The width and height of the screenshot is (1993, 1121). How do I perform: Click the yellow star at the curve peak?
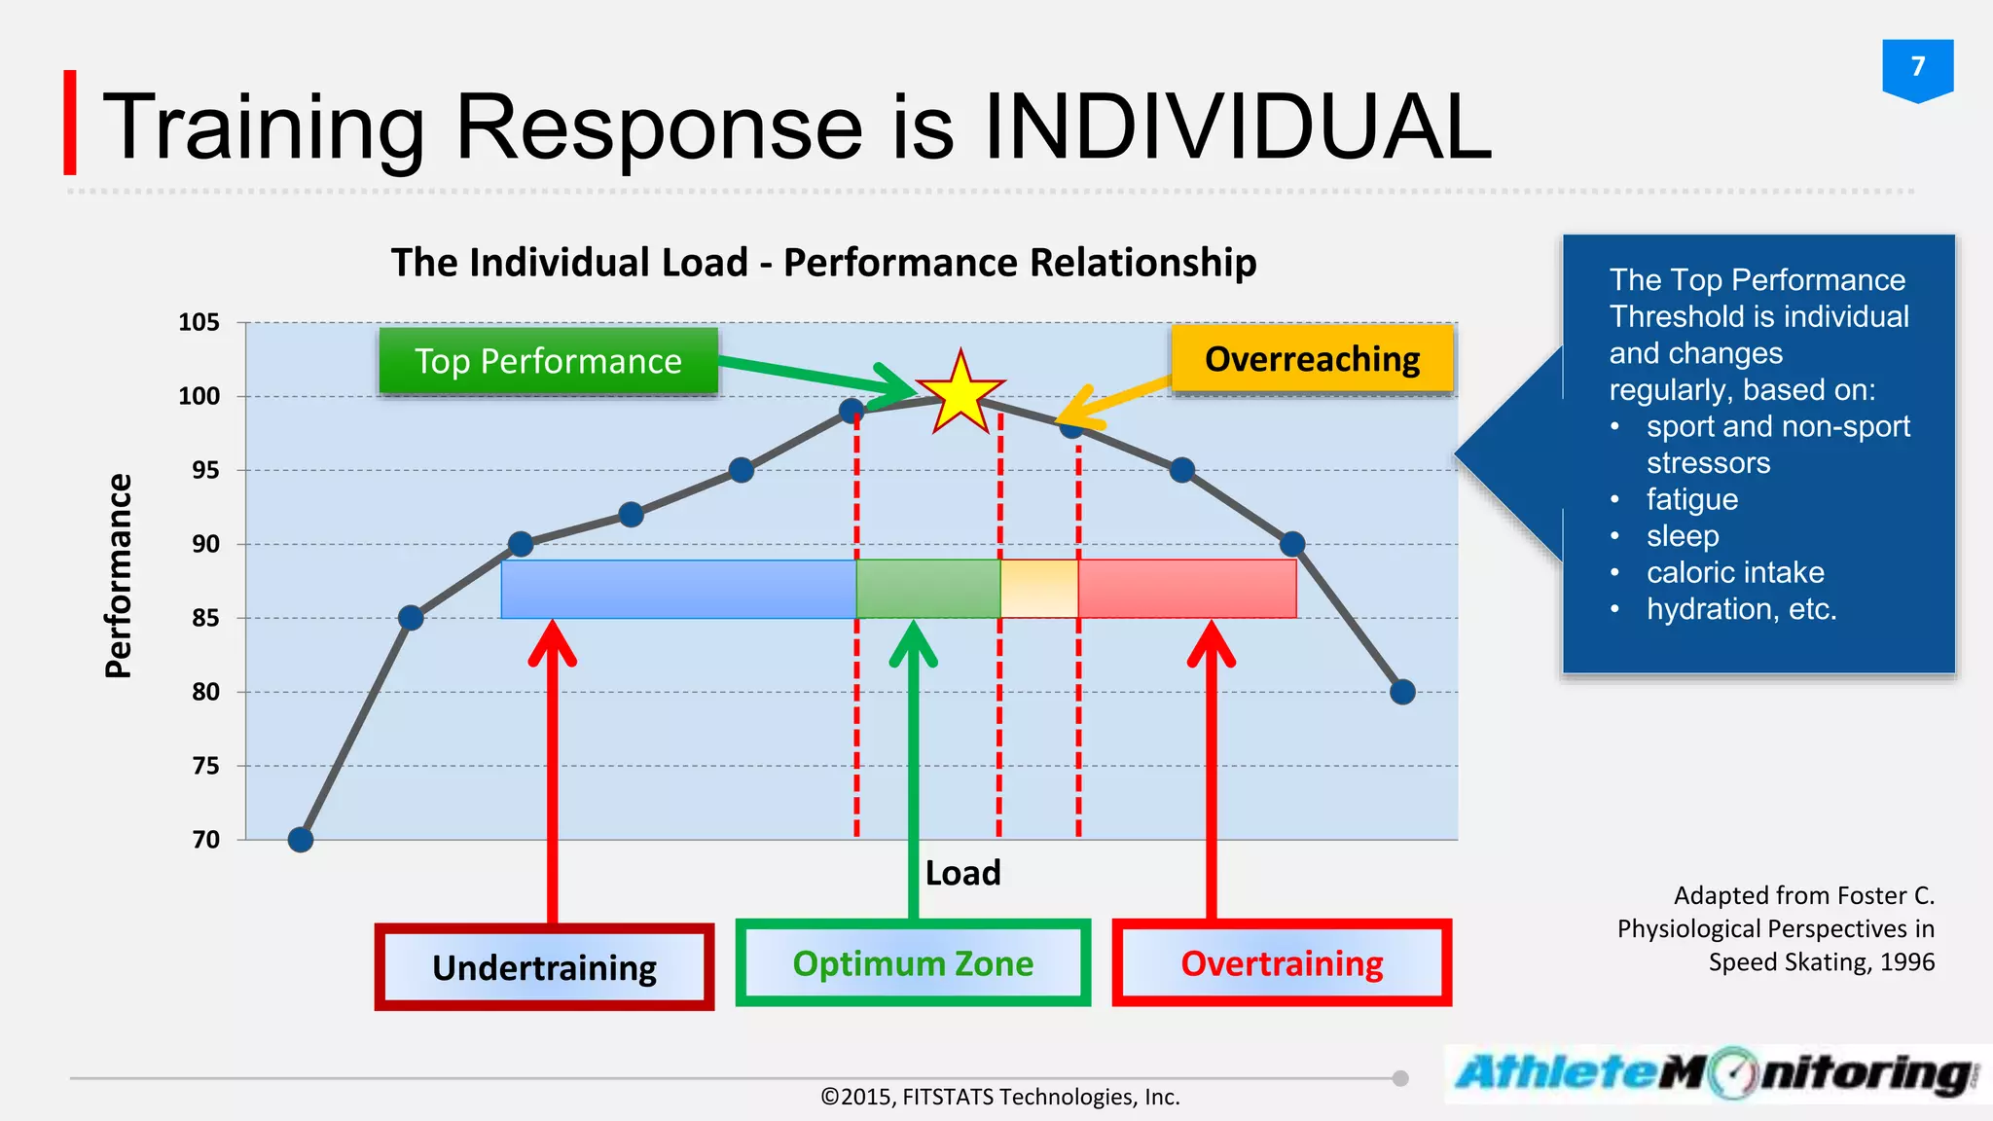[960, 394]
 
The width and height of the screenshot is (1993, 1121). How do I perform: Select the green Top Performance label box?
[548, 361]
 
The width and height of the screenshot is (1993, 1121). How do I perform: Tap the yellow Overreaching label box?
[1312, 359]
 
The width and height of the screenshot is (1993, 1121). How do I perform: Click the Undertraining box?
[544, 967]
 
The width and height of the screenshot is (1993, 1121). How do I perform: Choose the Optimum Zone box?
[913, 963]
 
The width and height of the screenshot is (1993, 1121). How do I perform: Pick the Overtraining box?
[1282, 963]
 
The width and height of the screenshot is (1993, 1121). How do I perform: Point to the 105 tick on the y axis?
[199, 322]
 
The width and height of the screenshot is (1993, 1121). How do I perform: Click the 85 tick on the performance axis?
[205, 618]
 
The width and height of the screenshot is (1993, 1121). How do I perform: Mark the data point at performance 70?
[301, 839]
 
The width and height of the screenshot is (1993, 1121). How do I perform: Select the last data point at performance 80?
[1402, 692]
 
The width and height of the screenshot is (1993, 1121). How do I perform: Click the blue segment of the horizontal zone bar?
[678, 589]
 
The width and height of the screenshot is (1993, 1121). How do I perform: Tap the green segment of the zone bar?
[927, 589]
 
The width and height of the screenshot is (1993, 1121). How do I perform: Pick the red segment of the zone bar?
[1187, 589]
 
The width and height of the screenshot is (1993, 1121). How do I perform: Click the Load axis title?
[962, 873]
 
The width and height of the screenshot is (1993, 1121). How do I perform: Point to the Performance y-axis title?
[118, 576]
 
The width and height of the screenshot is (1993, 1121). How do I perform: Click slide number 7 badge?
[1917, 67]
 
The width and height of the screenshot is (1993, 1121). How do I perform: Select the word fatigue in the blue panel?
[1691, 499]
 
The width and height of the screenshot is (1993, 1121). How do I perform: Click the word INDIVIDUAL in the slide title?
[1238, 127]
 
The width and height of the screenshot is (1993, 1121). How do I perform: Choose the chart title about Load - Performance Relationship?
[823, 263]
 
